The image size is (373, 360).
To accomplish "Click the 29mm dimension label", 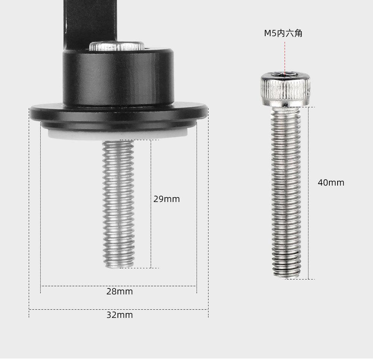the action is pos(166,199).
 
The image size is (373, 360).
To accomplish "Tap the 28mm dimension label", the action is pos(119,291).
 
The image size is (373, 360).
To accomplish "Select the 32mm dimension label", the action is pos(119,315).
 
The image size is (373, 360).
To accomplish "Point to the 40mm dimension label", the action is pos(331,183).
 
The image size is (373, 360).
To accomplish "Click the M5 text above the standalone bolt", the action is pos(270,33).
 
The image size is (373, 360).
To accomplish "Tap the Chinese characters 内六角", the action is pos(290,33).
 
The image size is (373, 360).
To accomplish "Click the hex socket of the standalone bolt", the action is pos(285,74).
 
